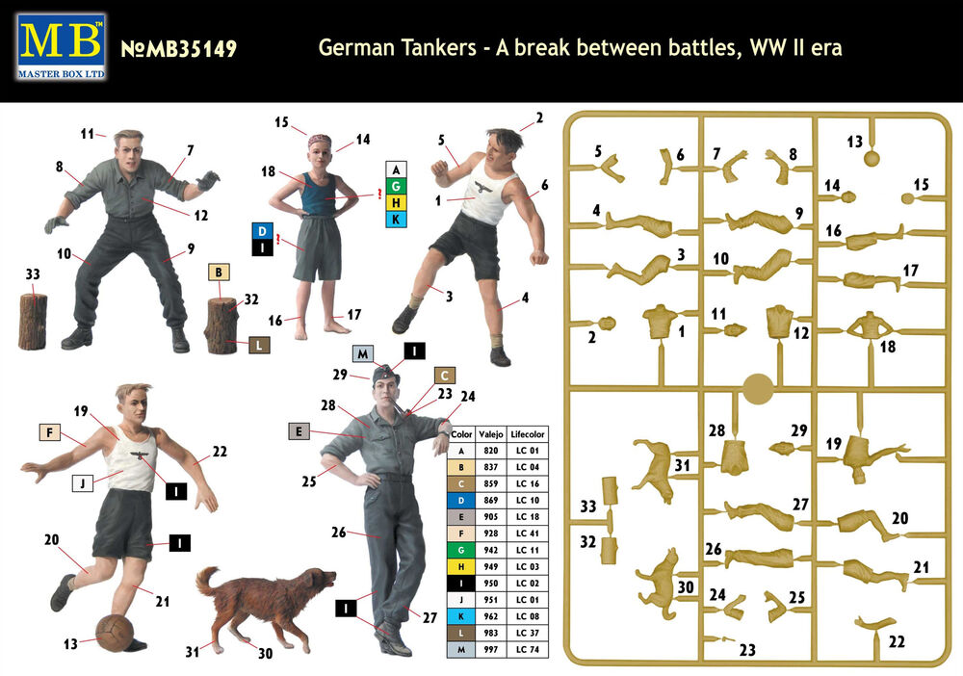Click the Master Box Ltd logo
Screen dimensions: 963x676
pyautogui.click(x=62, y=47)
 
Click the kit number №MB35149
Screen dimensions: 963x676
pyautogui.click(x=179, y=48)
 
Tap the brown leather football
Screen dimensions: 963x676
pyautogui.click(x=115, y=633)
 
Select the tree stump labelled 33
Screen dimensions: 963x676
pyautogui.click(x=33, y=321)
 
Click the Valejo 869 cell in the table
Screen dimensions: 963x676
pyautogui.click(x=491, y=501)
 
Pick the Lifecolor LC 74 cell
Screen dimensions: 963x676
pyautogui.click(x=527, y=650)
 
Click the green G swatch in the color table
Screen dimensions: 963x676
pyautogui.click(x=461, y=550)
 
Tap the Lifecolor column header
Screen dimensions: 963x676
pyautogui.click(x=527, y=434)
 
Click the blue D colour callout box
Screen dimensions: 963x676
pyautogui.click(x=262, y=231)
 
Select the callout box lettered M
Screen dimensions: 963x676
pyautogui.click(x=363, y=353)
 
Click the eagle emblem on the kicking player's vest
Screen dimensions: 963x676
pyautogui.click(x=140, y=456)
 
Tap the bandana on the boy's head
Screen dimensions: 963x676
pyautogui.click(x=320, y=141)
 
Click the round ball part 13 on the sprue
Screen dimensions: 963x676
pyautogui.click(x=872, y=159)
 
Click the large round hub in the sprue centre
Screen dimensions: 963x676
pyautogui.click(x=758, y=389)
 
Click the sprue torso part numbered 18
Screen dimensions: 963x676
pyautogui.click(x=869, y=325)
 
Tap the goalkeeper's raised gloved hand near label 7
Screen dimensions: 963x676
pyautogui.click(x=208, y=180)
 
